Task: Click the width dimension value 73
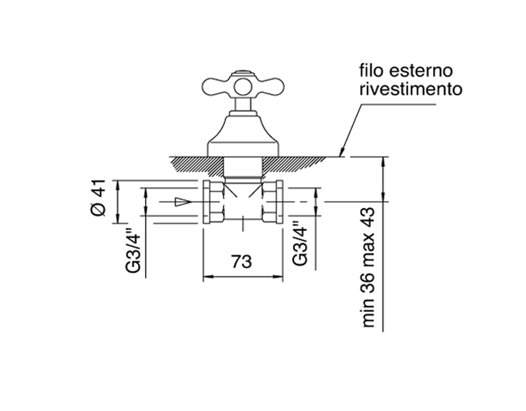tap(241, 262)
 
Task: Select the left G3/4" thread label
tap(133, 250)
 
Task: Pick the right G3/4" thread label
tap(300, 243)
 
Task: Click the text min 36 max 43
tap(368, 267)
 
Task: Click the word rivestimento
tap(411, 89)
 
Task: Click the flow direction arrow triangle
tap(183, 201)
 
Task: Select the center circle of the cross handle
tap(243, 87)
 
